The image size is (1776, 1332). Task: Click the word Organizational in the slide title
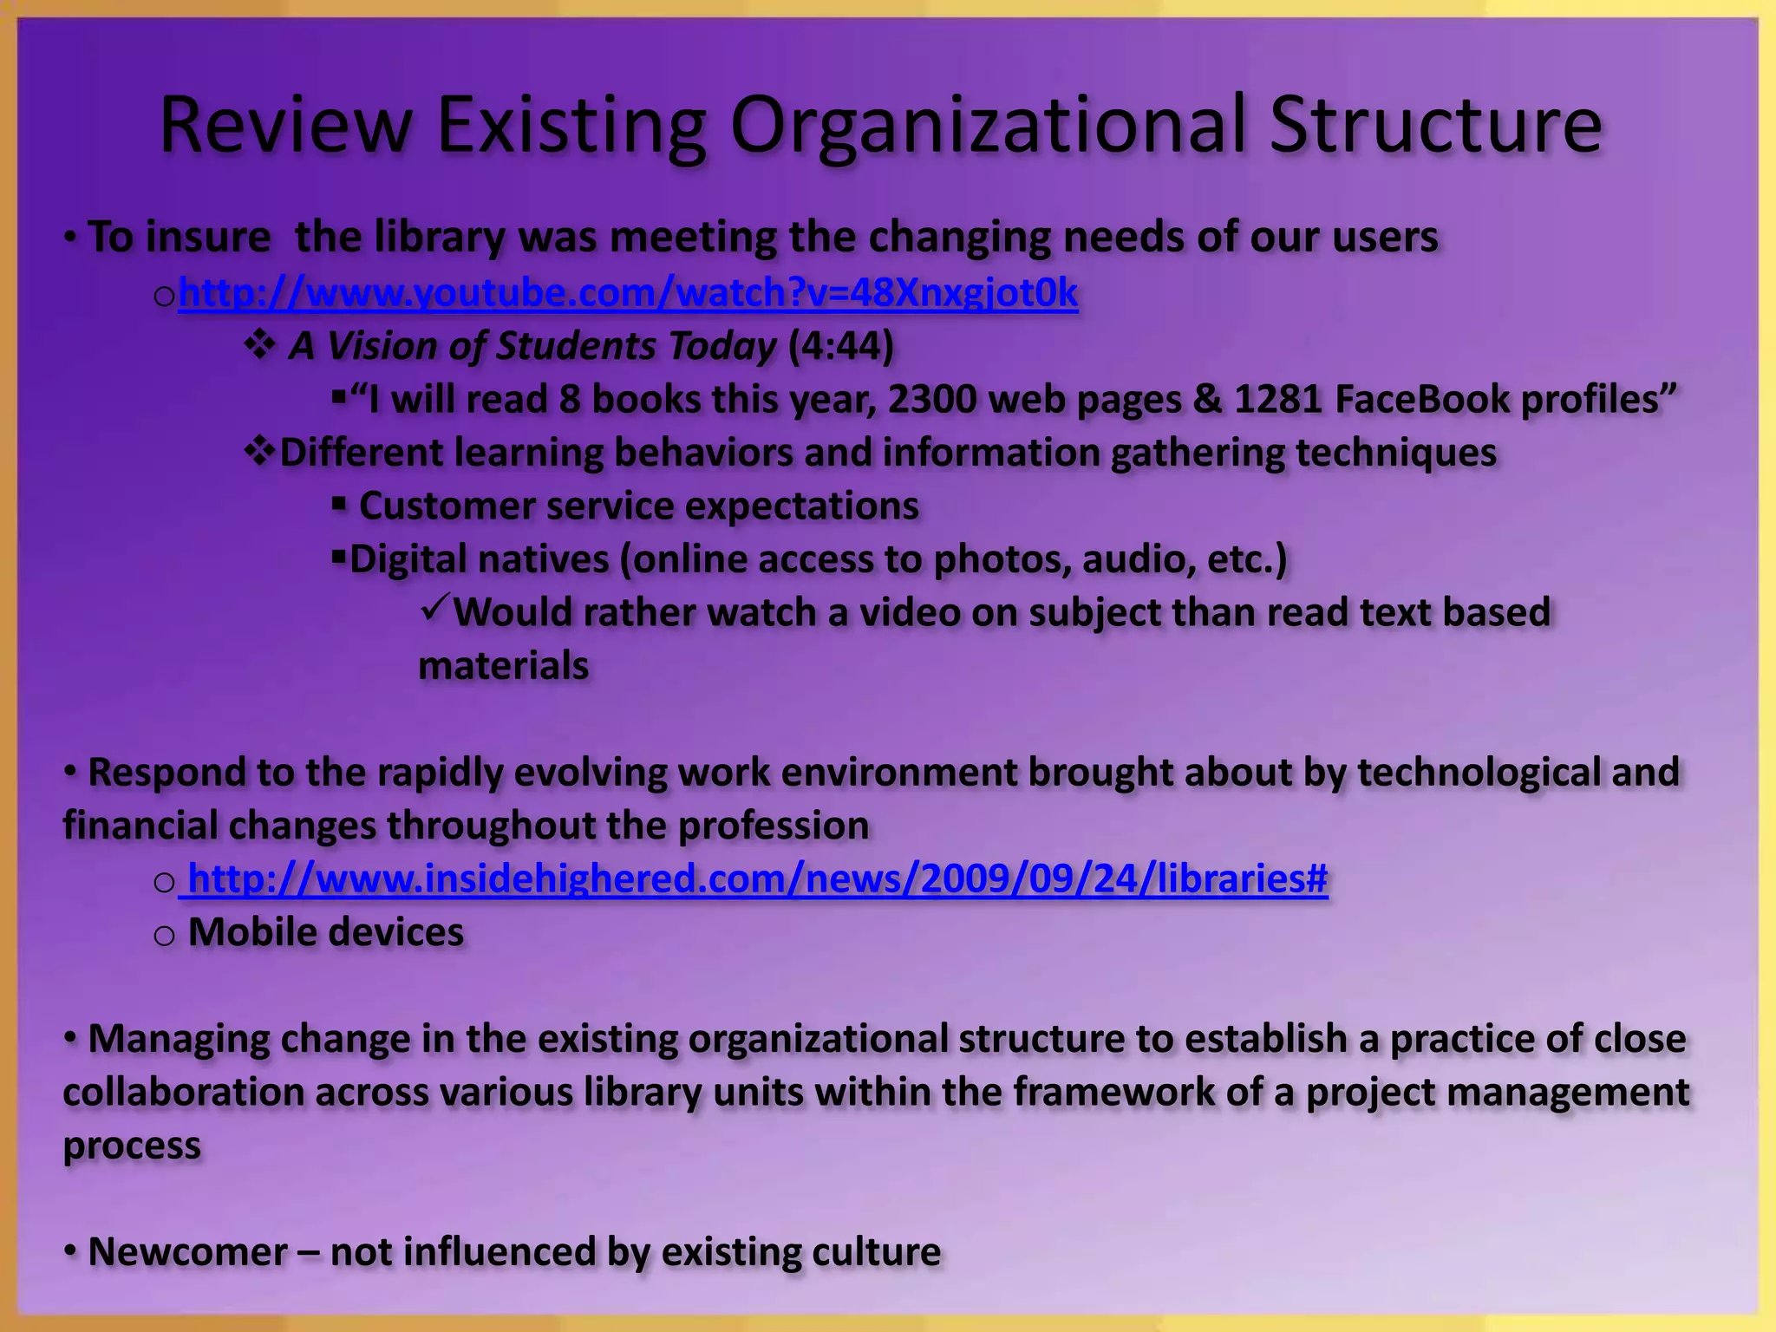pyautogui.click(x=989, y=126)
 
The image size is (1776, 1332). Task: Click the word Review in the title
pyautogui.click(x=285, y=126)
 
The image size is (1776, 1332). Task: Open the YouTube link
pyautogui.click(x=628, y=293)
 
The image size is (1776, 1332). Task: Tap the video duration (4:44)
pyautogui.click(x=840, y=346)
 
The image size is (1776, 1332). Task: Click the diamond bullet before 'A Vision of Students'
pyautogui.click(x=259, y=346)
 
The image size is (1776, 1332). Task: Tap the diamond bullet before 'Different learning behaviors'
pyautogui.click(x=259, y=451)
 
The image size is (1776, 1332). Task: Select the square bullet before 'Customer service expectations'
pyautogui.click(x=339, y=504)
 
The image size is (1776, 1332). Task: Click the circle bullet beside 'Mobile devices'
pyautogui.click(x=164, y=935)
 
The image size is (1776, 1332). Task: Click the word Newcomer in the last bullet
pyautogui.click(x=187, y=1252)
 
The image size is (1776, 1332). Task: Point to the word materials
pyautogui.click(x=503, y=666)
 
